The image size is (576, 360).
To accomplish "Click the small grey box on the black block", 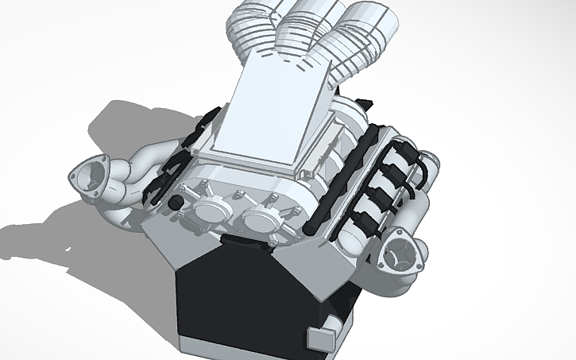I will coord(320,337).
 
